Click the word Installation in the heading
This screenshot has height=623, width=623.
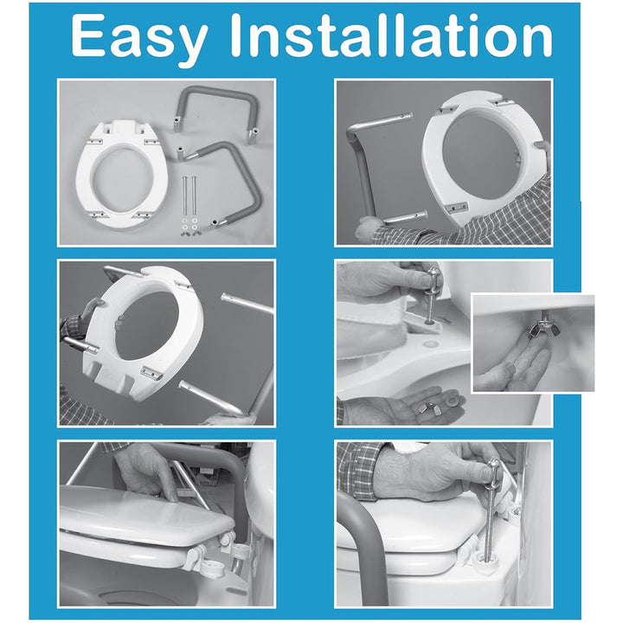click(391, 35)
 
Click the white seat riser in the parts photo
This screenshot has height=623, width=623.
click(119, 175)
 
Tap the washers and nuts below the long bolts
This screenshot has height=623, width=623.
click(189, 228)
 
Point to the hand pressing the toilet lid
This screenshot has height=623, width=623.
click(147, 471)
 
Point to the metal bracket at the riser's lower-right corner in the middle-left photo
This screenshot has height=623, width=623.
click(151, 374)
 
